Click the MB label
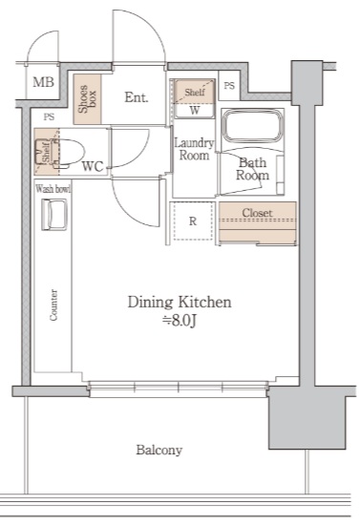tap(43, 82)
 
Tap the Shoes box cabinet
tap(87, 99)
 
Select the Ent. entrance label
tap(137, 97)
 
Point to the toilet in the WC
tap(66, 154)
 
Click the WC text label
tap(93, 166)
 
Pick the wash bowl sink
tap(54, 215)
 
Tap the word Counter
tap(53, 305)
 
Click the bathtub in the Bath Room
tap(253, 126)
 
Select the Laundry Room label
tap(194, 149)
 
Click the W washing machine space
tap(195, 111)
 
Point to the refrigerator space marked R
tap(193, 221)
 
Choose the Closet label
tap(257, 213)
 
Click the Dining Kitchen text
tap(180, 302)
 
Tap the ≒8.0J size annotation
tap(180, 321)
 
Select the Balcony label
tap(159, 450)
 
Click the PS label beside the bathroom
tap(229, 86)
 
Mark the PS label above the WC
tap(49, 117)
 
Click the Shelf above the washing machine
tap(195, 92)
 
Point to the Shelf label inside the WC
tap(46, 152)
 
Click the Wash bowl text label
tap(53, 189)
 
